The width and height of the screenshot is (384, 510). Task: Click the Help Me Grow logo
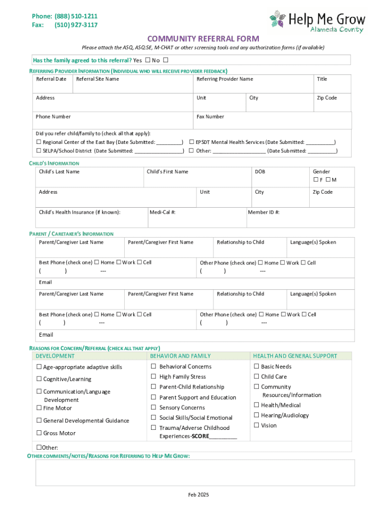[317, 20]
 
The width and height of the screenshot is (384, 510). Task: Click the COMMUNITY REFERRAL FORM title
[202, 38]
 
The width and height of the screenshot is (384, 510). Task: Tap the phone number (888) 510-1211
[76, 16]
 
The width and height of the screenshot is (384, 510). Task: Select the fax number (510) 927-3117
[76, 25]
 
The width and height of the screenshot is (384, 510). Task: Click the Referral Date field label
[51, 79]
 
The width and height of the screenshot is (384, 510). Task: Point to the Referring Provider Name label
[224, 79]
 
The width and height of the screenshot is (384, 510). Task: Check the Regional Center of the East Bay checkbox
[39, 142]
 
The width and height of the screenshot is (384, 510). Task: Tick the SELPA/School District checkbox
[39, 151]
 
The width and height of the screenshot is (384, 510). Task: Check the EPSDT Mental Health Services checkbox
[192, 142]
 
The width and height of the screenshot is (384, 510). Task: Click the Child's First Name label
[168, 172]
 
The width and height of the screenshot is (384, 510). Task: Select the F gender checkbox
[316, 180]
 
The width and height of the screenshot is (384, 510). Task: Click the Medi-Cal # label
[163, 212]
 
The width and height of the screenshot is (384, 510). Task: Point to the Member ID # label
[263, 212]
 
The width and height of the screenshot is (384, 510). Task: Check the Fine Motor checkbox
[39, 408]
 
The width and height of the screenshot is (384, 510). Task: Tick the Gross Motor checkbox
[39, 433]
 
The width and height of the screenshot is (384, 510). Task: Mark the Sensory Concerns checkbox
[154, 407]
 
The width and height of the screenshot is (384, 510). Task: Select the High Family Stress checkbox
[154, 377]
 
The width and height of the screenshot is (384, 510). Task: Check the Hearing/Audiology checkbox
[256, 415]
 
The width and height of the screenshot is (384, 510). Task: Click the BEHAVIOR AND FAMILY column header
[180, 356]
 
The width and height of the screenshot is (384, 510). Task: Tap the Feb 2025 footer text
[198, 495]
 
